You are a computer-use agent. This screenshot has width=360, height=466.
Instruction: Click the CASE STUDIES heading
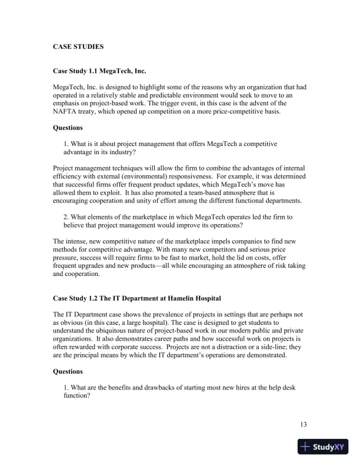(x=78, y=46)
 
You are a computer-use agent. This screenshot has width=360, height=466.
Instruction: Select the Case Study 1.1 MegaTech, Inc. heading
(x=99, y=71)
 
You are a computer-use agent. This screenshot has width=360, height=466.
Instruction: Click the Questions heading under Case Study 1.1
(x=68, y=128)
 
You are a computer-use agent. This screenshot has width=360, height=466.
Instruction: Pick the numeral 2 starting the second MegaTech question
(x=65, y=217)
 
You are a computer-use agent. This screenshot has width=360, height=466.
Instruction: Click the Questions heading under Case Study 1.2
(x=68, y=372)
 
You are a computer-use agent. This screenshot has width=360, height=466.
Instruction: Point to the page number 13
(x=303, y=425)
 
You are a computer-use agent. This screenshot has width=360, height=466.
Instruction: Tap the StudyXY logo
(x=323, y=447)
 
